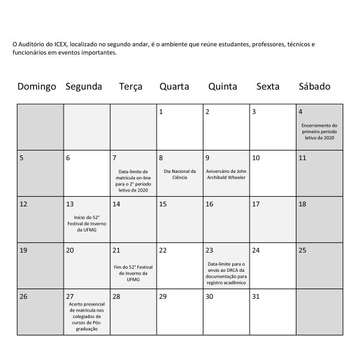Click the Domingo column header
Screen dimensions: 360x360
37,86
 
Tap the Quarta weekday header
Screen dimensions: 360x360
174,86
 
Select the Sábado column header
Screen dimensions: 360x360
314,86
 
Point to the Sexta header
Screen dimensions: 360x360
268,86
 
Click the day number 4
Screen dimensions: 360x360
301,112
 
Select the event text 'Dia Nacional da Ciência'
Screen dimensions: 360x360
179,175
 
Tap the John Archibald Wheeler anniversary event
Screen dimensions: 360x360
226,175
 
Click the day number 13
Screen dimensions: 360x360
70,204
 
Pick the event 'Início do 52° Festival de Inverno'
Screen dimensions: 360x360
86,223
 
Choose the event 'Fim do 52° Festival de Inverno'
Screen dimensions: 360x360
133,273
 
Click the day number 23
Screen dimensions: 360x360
209,250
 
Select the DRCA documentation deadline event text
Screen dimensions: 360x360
226,273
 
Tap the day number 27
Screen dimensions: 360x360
70,296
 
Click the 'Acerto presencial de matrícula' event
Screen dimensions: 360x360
86,316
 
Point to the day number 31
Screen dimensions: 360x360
256,296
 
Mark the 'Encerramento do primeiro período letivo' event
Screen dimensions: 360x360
318,131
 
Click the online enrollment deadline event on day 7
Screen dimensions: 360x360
133,181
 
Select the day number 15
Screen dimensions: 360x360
163,204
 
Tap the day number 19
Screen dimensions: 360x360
23,250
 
